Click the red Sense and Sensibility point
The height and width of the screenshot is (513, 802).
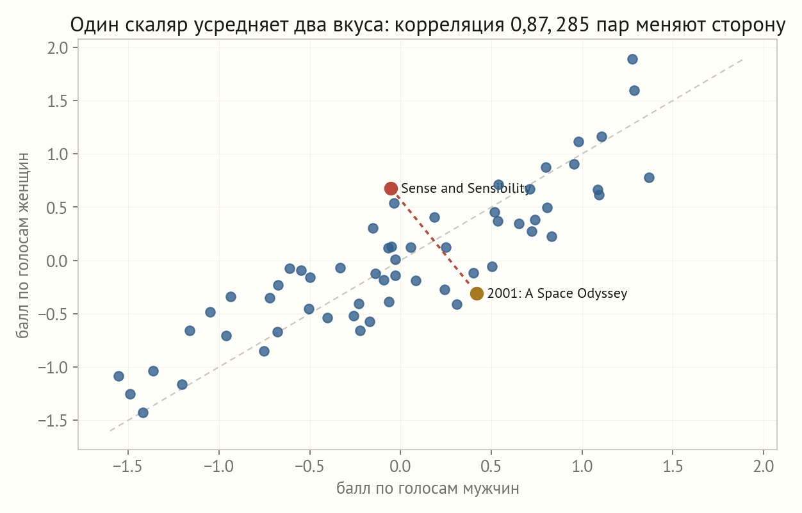[391, 188]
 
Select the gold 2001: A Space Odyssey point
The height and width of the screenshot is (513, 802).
[477, 293]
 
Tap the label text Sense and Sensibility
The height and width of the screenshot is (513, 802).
[466, 188]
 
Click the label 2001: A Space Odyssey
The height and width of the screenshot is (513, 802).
[557, 293]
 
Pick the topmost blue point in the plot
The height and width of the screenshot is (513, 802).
[632, 60]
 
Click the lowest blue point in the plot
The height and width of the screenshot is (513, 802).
[143, 412]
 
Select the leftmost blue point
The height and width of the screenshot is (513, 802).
[119, 376]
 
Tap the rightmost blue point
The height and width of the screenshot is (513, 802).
[649, 177]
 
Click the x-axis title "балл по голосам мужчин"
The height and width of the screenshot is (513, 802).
[427, 488]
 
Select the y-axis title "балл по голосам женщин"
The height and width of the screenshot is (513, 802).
[22, 245]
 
